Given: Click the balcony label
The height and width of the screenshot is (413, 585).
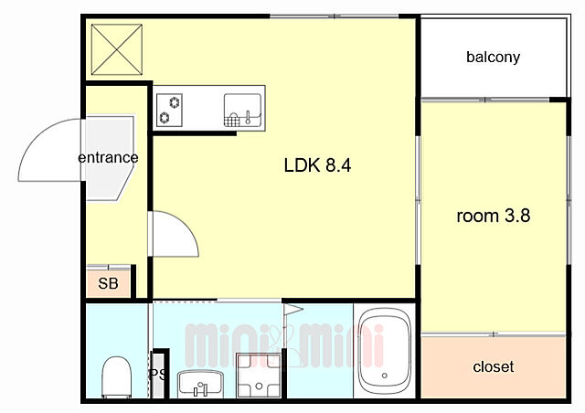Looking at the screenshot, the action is [493, 57].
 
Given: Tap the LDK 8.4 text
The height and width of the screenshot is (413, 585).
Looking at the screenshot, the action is [317, 165].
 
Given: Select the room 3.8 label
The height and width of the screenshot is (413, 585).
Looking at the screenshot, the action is [494, 216].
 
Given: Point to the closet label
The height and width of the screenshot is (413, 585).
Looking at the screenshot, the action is [494, 366].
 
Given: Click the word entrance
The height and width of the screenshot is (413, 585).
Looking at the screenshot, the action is [108, 157].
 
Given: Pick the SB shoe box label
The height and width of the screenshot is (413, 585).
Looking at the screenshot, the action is [108, 283].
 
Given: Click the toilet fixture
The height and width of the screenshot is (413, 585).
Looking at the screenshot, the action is [117, 376].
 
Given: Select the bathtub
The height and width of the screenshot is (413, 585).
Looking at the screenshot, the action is [385, 352].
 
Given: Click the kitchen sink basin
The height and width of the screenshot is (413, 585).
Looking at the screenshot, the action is [242, 111].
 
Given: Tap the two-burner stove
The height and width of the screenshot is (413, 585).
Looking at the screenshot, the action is [169, 110].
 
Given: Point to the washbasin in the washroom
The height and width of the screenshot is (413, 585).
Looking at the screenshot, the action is [200, 384].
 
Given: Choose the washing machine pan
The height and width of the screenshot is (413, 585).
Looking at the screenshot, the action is [259, 376].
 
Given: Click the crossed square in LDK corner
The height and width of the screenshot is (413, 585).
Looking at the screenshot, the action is [117, 49].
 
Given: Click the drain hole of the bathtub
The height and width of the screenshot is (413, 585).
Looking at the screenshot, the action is [384, 376].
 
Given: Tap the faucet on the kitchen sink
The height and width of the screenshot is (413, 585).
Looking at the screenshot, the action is [248, 117].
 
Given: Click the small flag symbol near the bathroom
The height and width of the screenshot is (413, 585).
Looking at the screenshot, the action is [293, 310].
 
